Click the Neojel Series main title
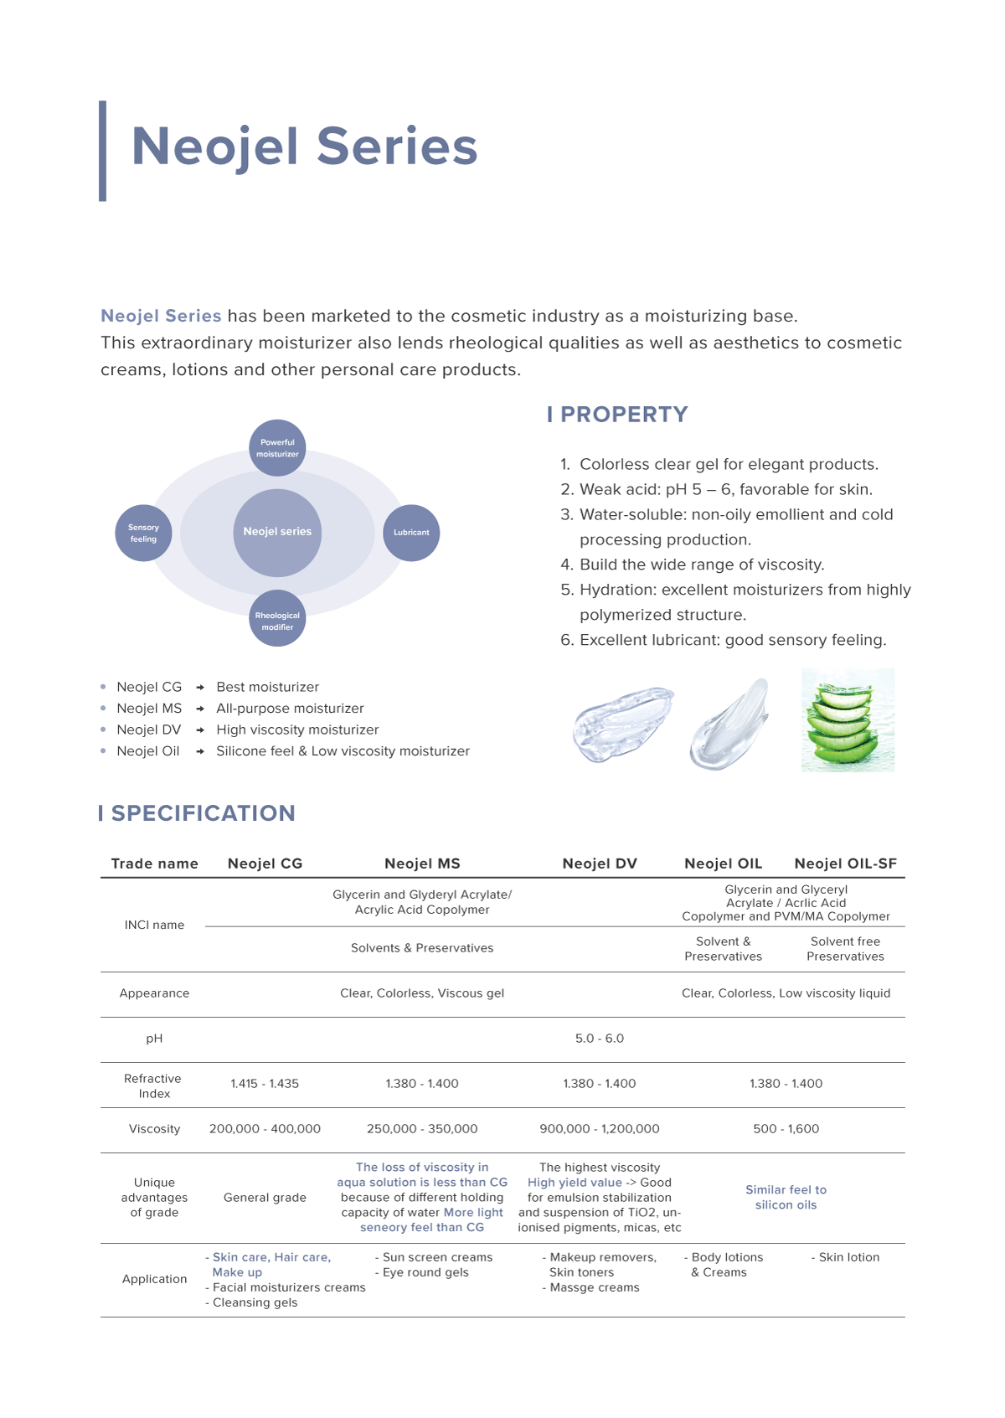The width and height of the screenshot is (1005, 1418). tap(304, 147)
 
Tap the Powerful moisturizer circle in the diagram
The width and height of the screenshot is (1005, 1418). tap(277, 448)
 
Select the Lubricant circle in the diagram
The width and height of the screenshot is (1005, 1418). tap(411, 533)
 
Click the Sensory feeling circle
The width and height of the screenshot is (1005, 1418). tap(143, 534)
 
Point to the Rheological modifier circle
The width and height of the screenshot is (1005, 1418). tap(277, 621)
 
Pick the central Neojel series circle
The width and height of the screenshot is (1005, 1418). tap(277, 532)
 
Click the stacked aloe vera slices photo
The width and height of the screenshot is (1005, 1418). tap(848, 719)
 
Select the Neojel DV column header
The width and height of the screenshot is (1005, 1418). tap(600, 864)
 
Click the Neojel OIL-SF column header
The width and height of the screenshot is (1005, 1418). tap(845, 864)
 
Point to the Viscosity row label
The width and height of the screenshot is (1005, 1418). tap(154, 1129)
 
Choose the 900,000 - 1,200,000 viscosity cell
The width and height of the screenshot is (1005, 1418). tap(600, 1129)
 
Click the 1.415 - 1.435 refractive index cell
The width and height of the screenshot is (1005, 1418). tap(265, 1084)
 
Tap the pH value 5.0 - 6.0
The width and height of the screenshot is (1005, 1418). tap(600, 1039)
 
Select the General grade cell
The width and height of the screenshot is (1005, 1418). tap(265, 1198)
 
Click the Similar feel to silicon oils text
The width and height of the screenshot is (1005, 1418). tap(786, 1198)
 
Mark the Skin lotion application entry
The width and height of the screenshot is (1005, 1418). tap(848, 1257)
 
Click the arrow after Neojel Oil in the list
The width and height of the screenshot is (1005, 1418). tap(200, 751)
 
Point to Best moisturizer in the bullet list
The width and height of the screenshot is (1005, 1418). tap(267, 687)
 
